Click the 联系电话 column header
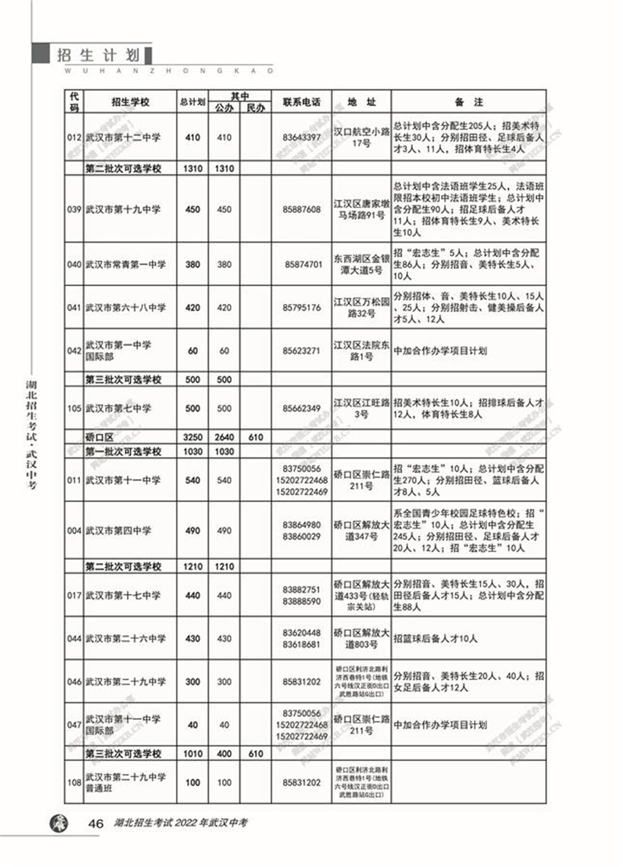point(301,102)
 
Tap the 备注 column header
point(468,102)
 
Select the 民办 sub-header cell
point(255,108)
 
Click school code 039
point(74,209)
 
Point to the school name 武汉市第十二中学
point(123,137)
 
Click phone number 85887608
point(301,209)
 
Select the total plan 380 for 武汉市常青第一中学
point(193,264)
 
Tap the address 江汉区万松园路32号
point(361,307)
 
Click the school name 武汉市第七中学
point(118,409)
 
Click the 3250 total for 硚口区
point(193,437)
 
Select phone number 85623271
point(301,351)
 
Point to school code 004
point(74,531)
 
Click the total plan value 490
point(193,531)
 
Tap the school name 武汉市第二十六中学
point(126,639)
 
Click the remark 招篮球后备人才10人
point(435,639)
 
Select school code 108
point(74,782)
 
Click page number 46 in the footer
point(96,823)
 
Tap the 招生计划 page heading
point(99,55)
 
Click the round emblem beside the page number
point(59,823)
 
